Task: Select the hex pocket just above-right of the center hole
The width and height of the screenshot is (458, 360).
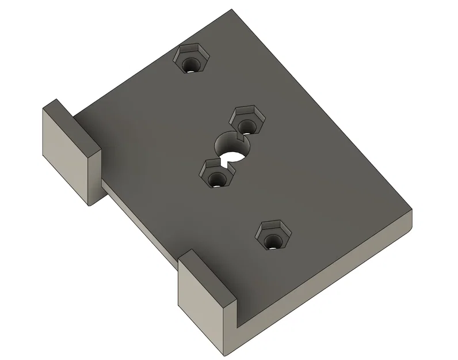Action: [246, 120]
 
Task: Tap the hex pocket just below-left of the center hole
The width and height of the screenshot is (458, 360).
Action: [216, 174]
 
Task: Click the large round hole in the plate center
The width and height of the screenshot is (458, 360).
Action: [230, 147]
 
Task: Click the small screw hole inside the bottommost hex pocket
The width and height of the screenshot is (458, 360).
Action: [270, 242]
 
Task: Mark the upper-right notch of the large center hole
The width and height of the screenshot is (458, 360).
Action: [240, 139]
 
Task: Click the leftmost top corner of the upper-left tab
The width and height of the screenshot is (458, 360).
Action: [43, 108]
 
